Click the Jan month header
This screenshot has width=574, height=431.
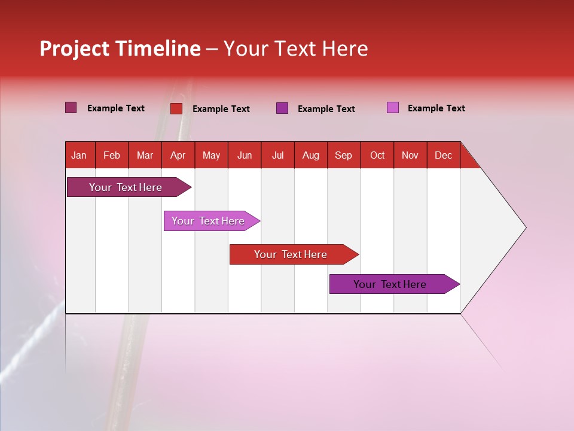[x=79, y=155]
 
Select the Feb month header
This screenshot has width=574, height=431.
[x=112, y=155]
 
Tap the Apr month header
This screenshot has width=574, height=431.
[x=178, y=155]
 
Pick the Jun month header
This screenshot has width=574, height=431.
[x=245, y=155]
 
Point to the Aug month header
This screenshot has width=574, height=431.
[x=310, y=155]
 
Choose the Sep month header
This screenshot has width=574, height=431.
[x=343, y=155]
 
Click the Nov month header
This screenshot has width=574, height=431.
[x=410, y=155]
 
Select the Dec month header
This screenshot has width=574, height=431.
[x=443, y=155]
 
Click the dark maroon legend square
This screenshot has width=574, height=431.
[x=71, y=108]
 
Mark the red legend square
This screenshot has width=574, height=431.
[x=176, y=108]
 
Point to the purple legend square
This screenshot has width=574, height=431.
[x=282, y=108]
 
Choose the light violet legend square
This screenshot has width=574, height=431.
[x=393, y=108]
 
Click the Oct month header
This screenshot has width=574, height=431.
[x=377, y=155]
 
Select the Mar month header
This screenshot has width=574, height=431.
[x=145, y=155]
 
